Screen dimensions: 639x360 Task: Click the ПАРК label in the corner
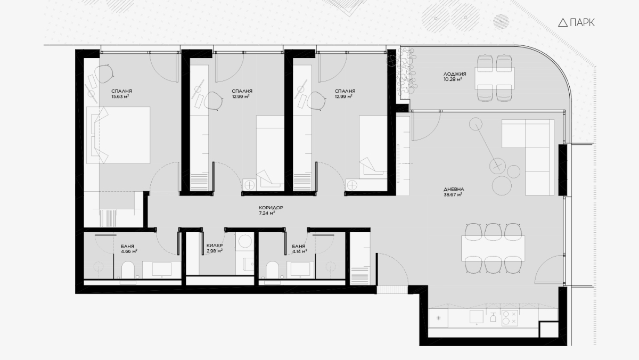[x=582, y=22]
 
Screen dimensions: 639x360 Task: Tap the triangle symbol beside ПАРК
[x=563, y=22]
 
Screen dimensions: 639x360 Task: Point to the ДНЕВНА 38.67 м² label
[x=454, y=192]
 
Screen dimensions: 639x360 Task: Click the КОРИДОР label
[x=271, y=208]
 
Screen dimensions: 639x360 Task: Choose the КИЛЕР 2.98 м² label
[x=215, y=248]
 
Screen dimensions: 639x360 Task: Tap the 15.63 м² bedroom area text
[x=120, y=96]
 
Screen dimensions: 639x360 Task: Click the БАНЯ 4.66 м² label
[x=129, y=249]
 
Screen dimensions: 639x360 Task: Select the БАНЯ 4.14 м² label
[x=299, y=249]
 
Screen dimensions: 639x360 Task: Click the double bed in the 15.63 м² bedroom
[x=118, y=135]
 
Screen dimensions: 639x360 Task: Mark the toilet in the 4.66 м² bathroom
[x=128, y=270]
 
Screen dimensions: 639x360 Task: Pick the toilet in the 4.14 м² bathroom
[x=272, y=270]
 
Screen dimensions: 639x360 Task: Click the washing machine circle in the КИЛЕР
[x=245, y=241]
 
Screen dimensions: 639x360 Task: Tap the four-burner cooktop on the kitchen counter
[x=510, y=318]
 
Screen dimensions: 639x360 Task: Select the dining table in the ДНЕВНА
[x=493, y=248]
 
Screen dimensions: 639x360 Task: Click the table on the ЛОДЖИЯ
[x=495, y=78]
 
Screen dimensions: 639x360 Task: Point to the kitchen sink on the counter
[x=477, y=317]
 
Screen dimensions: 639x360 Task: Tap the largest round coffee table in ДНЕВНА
[x=502, y=185]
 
